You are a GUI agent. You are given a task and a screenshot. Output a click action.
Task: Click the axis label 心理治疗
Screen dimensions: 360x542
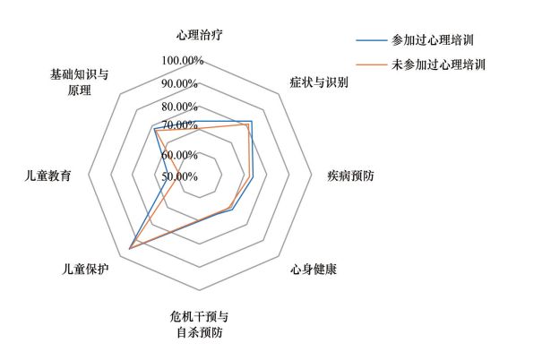click(x=199, y=37)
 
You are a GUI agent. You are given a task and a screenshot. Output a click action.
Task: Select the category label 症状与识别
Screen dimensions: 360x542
click(x=319, y=82)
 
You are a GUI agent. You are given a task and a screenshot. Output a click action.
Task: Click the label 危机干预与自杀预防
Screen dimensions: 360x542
click(x=199, y=325)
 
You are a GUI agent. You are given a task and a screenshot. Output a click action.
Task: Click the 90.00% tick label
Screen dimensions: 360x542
click(x=180, y=83)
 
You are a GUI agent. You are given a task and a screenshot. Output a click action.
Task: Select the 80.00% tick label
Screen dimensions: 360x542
click(x=180, y=107)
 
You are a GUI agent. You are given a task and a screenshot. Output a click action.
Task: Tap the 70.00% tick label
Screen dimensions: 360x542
click(x=180, y=124)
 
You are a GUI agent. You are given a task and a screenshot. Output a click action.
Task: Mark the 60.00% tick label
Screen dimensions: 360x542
click(x=180, y=154)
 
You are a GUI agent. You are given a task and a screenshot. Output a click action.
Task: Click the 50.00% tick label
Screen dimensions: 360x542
click(x=180, y=176)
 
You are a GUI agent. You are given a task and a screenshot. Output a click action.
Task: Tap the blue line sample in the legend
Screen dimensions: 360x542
click(x=370, y=40)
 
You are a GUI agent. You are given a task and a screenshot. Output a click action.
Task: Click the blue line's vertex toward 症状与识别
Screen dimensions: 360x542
click(x=253, y=122)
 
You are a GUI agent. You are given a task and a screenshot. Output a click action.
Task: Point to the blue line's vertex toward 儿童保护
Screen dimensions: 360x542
click(x=130, y=247)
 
